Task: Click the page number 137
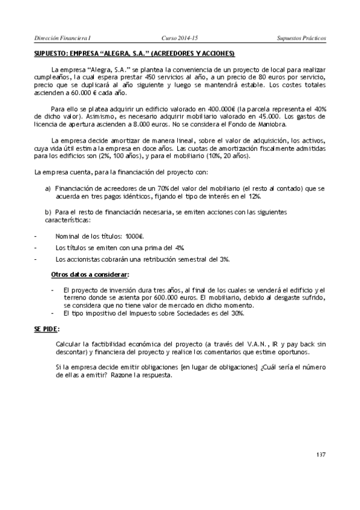[x=320, y=454]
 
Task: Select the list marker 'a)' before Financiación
[x=48, y=188]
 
